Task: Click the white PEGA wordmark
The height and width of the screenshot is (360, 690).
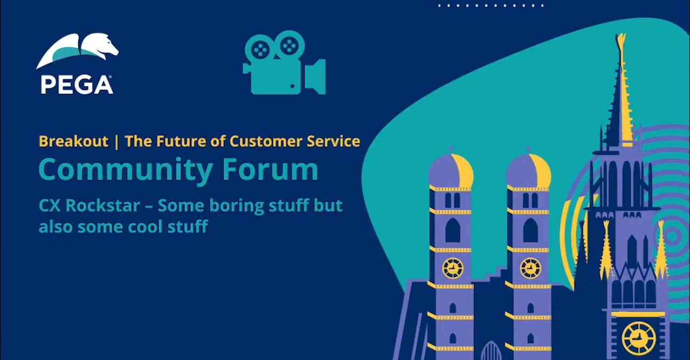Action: coord(77,85)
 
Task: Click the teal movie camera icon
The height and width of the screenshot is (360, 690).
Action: coord(284,63)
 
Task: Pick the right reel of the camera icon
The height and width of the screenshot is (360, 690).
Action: coord(289,46)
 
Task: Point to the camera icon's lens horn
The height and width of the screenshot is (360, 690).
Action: coord(315,77)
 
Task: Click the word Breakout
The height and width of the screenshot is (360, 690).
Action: coord(73,141)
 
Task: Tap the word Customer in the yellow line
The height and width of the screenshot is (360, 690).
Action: coord(266,141)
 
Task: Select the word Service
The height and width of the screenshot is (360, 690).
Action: coord(333,141)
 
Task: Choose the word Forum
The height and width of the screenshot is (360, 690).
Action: coord(270,169)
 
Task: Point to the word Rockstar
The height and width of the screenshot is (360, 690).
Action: coord(102,205)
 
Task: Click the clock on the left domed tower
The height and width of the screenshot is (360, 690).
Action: coord(453,268)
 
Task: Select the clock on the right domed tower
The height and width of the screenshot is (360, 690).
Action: coord(530,268)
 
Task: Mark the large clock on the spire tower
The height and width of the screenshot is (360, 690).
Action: coord(639,338)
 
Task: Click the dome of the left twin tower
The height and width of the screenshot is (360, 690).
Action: coord(451,169)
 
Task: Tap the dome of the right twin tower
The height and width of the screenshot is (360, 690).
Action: coord(529,169)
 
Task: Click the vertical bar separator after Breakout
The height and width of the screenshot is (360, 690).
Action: coord(116,142)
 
